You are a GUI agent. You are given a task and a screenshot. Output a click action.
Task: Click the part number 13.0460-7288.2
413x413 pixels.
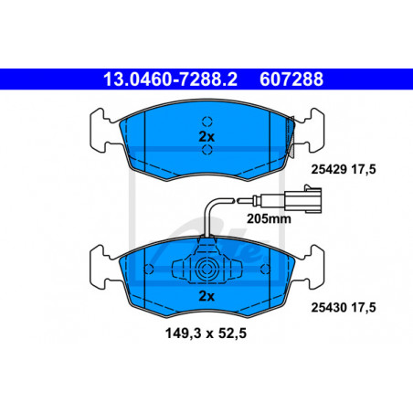tap(170, 79)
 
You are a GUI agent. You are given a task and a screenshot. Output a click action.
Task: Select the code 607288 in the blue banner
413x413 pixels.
tap(291, 79)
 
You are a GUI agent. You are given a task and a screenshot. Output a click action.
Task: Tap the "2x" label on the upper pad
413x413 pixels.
tap(206, 137)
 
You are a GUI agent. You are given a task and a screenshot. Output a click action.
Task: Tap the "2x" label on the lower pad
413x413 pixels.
tap(206, 296)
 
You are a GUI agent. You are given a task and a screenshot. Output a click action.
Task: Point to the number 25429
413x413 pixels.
tap(329, 169)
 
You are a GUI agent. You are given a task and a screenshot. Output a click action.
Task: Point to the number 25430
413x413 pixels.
tap(329, 308)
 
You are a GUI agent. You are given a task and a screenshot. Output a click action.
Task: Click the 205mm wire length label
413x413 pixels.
tap(269, 218)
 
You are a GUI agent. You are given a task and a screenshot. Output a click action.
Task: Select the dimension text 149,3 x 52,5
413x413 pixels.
tap(206, 334)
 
